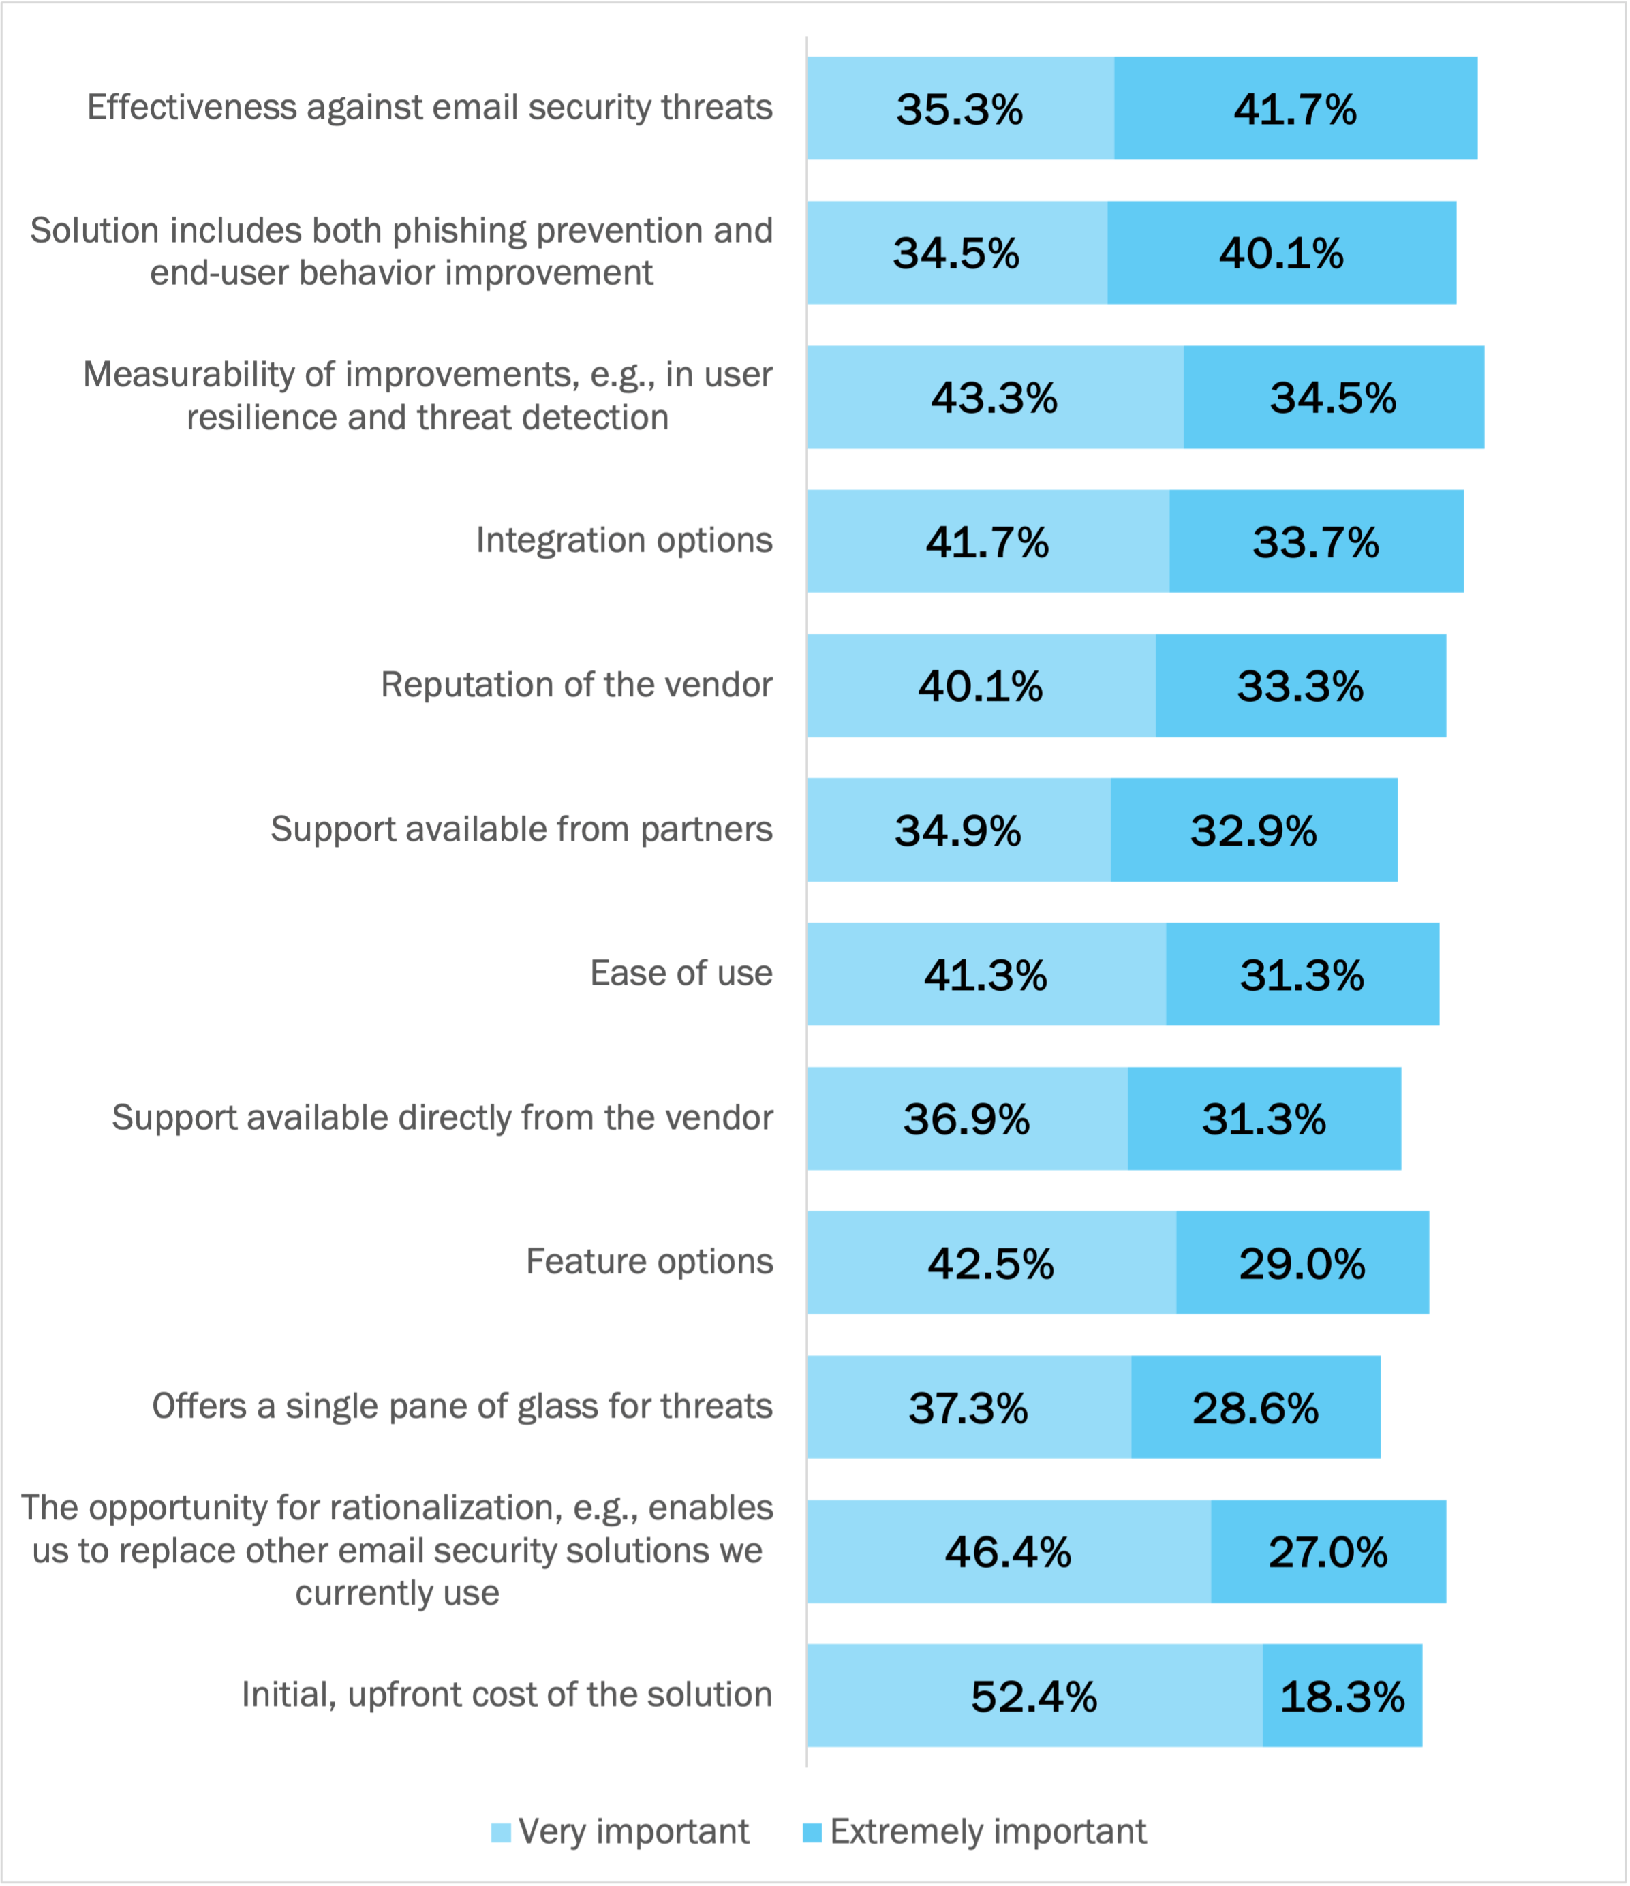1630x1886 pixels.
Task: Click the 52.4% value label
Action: point(1034,1697)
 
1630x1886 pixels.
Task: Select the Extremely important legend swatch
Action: point(812,1831)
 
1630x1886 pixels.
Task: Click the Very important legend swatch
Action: point(501,1831)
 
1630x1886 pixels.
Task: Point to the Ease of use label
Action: point(681,973)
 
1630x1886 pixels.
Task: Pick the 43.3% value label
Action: point(994,398)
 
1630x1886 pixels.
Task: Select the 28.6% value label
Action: point(1255,1408)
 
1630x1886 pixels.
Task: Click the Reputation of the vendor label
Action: point(576,685)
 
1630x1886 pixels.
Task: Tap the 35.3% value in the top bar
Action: point(959,109)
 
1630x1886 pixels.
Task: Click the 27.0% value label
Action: point(1328,1552)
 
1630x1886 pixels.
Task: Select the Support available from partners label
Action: point(521,829)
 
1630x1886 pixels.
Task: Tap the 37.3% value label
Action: point(968,1408)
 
